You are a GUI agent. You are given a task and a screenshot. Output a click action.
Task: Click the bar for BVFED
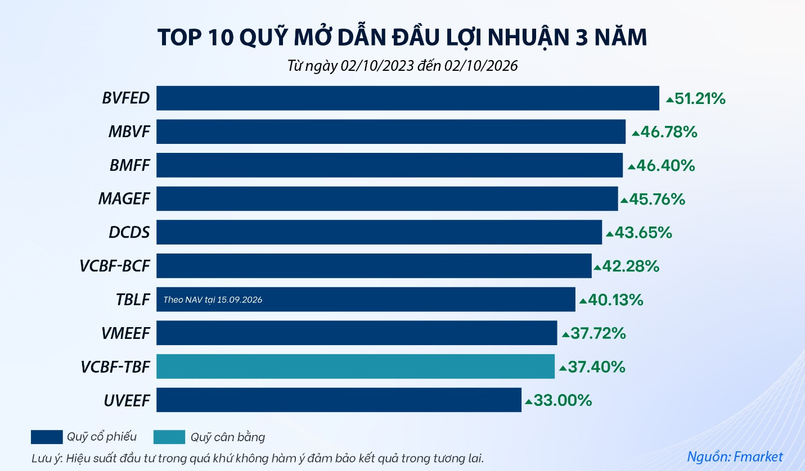(x=407, y=98)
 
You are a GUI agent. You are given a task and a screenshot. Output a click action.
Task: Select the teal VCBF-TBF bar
(x=356, y=366)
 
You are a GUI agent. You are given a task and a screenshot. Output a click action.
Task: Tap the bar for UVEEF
(x=339, y=400)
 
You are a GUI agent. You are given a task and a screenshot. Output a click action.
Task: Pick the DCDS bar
(x=379, y=232)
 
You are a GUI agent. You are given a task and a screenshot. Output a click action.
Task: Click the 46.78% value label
(x=668, y=132)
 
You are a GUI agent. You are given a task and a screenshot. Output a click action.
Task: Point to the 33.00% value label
(x=563, y=400)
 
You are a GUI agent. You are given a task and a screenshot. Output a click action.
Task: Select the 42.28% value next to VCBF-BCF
(x=631, y=266)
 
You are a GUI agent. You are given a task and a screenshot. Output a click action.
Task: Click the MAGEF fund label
(x=124, y=198)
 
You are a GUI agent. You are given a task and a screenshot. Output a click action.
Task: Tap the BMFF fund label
(x=130, y=165)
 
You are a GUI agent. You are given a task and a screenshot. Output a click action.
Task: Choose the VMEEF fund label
(x=125, y=333)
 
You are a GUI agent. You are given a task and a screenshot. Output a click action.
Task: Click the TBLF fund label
(x=133, y=300)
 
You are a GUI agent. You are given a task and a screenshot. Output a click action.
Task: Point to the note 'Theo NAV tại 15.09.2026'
(x=213, y=300)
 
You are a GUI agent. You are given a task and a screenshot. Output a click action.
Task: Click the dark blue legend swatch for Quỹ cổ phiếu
(x=47, y=437)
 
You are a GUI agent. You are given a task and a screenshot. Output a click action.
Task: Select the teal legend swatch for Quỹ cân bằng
(x=169, y=437)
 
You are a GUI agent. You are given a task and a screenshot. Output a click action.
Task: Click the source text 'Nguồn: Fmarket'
(x=735, y=456)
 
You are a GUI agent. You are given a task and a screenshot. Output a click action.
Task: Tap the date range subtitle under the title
(x=403, y=66)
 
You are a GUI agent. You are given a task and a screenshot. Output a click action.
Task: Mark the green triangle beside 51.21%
(x=669, y=100)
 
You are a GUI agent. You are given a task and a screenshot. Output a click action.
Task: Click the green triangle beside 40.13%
(x=583, y=301)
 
